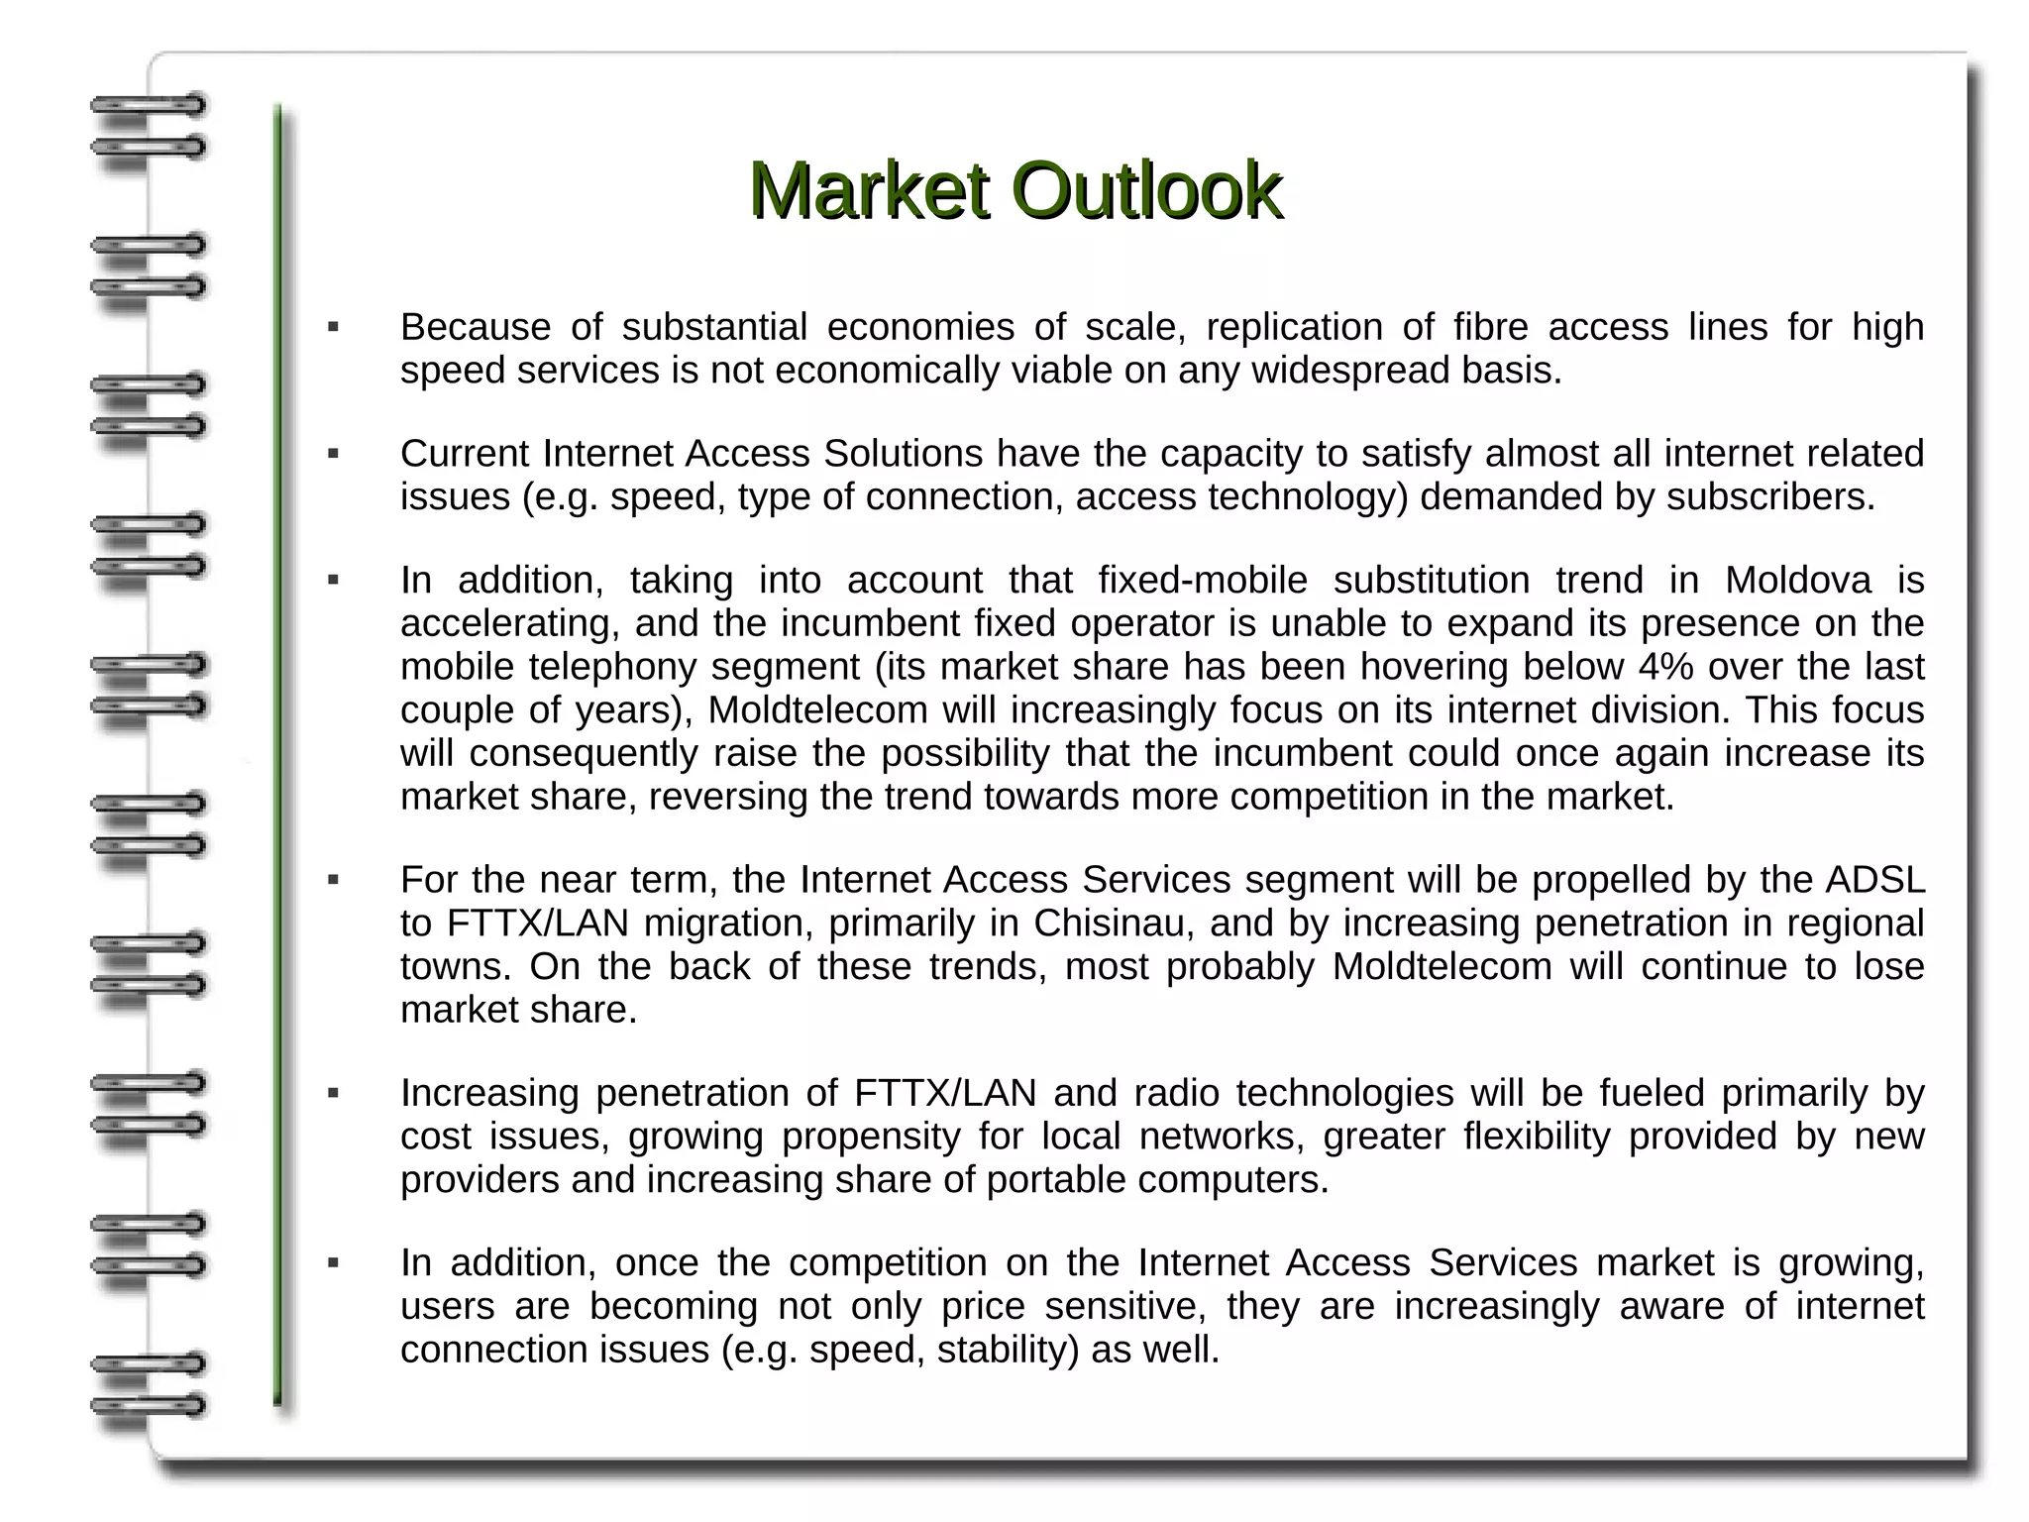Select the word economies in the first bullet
(920, 327)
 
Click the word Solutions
(903, 454)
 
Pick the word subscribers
(1769, 497)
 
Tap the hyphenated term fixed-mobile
(1203, 581)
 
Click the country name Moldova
(1797, 581)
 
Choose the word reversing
(728, 797)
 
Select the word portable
(1056, 1180)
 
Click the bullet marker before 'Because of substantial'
(334, 327)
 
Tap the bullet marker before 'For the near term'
(334, 880)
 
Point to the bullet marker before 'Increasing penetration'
(334, 1094)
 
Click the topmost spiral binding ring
(149, 104)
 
